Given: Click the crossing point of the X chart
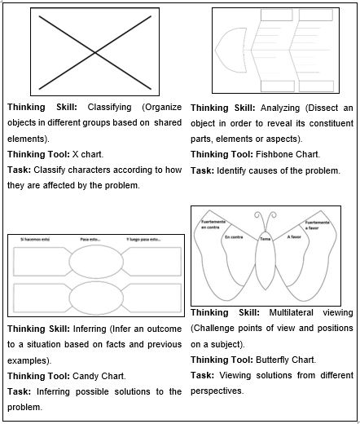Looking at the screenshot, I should coord(95,53).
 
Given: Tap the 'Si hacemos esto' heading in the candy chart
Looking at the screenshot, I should coord(34,240).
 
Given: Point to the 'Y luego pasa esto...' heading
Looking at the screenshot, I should coord(144,240).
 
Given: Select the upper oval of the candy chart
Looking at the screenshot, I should coord(94,262).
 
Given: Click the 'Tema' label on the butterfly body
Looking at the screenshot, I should coord(266,239).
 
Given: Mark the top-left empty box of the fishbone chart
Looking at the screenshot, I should coord(276,15).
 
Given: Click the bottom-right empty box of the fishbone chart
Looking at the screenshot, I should coord(316,86).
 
